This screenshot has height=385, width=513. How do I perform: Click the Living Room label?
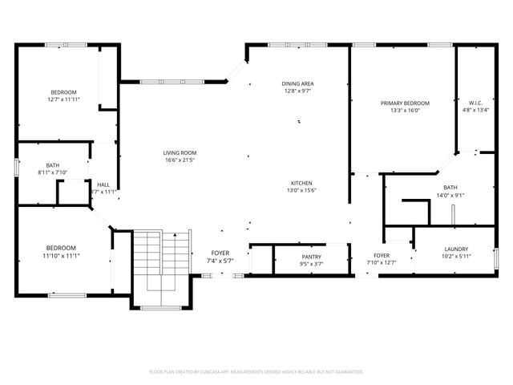[x=180, y=152]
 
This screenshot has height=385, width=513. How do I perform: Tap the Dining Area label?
[x=297, y=83]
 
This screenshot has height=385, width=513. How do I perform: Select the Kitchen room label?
[x=301, y=183]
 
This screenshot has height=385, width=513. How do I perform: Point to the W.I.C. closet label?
[x=475, y=103]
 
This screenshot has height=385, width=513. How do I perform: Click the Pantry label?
[x=311, y=257]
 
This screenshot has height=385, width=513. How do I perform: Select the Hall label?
[x=103, y=184]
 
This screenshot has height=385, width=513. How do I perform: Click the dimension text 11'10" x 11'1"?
[x=60, y=255]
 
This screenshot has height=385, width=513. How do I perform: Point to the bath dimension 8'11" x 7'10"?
[x=52, y=172]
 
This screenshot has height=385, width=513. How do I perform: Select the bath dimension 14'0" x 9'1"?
[x=450, y=195]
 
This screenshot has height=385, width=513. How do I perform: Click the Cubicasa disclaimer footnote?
[x=256, y=372]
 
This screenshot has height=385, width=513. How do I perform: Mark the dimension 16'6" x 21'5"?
[x=180, y=160]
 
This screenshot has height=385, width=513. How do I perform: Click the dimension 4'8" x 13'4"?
[x=475, y=111]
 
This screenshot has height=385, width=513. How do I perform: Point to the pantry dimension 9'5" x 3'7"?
[x=311, y=264]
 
